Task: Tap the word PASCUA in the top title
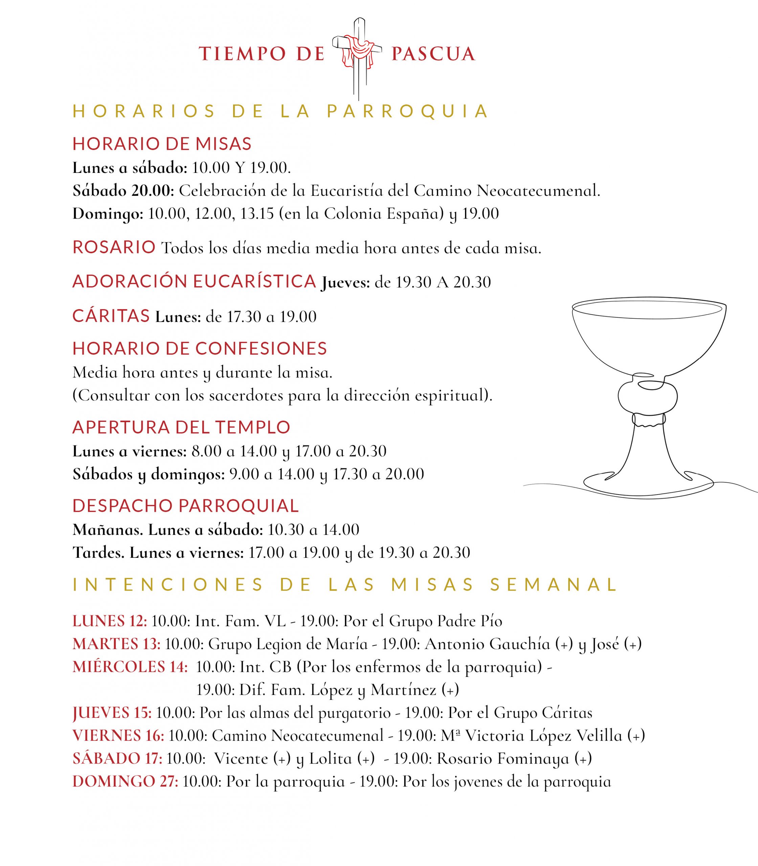coord(433,54)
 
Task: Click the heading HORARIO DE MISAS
coord(162,144)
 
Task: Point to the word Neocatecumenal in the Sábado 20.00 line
coord(538,191)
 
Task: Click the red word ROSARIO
coord(114,247)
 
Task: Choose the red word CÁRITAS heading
coord(111,316)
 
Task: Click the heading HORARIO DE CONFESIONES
coord(200,348)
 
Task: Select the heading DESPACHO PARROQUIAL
coord(186,506)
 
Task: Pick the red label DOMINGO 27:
coord(125,781)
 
